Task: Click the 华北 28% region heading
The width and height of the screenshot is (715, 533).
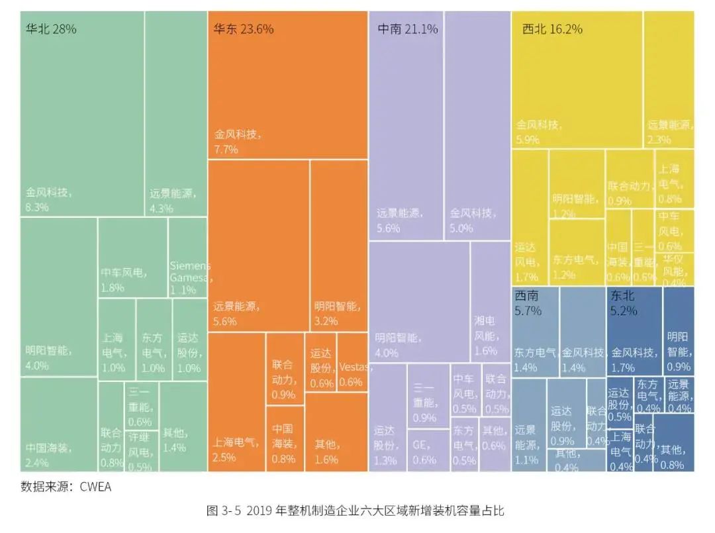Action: [x=51, y=29]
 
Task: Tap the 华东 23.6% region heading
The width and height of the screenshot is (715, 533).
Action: [x=243, y=29]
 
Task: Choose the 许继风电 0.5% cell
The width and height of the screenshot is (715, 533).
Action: [x=141, y=449]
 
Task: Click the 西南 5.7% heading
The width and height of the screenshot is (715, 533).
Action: [x=528, y=302]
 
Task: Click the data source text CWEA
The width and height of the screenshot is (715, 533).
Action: [x=96, y=487]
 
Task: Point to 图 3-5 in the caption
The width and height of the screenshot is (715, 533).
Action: [x=222, y=510]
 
